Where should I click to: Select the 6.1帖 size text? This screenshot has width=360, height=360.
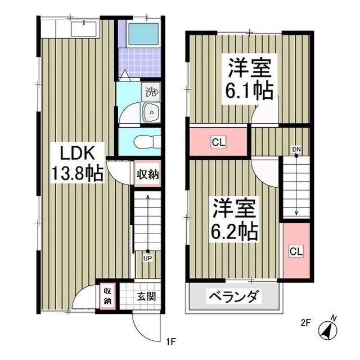pyautogui.click(x=250, y=89)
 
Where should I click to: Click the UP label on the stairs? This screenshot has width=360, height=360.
pyautogui.click(x=147, y=259)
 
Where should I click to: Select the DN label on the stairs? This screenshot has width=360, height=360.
pyautogui.click(x=296, y=149)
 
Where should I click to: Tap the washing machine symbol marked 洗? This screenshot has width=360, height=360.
pyautogui.click(x=151, y=90)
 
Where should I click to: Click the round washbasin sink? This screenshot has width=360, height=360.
pyautogui.click(x=151, y=113)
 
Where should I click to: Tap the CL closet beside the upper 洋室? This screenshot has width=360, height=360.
pyautogui.click(x=218, y=142)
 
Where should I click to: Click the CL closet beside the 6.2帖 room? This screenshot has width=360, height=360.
pyautogui.click(x=296, y=251)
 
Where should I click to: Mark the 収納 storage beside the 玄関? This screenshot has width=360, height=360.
pyautogui.click(x=107, y=296)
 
